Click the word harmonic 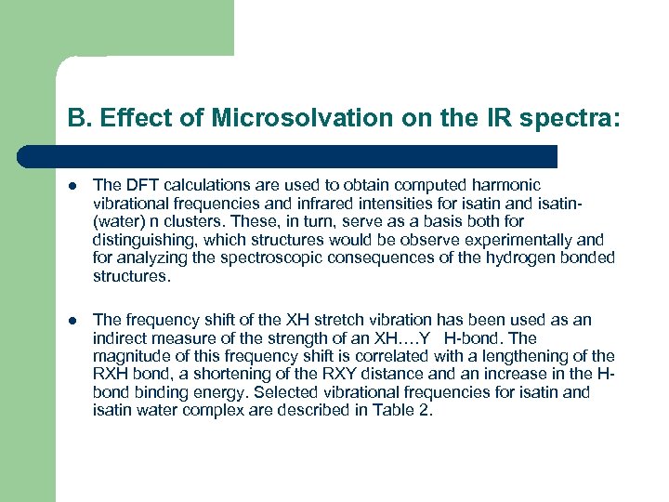pyautogui.click(x=508, y=186)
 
